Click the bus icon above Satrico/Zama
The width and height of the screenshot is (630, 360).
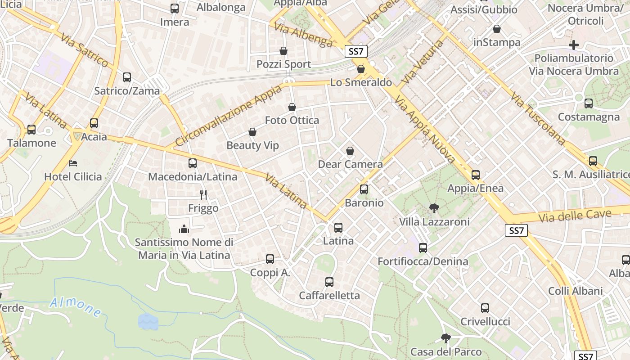[x=127, y=77]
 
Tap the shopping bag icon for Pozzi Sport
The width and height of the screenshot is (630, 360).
[x=283, y=51]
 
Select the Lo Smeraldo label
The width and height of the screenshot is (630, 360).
[x=361, y=83]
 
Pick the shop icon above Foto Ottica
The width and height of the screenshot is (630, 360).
[x=292, y=107]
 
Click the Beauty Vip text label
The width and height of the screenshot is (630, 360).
[x=252, y=145]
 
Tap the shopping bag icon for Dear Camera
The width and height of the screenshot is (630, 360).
[x=350, y=151]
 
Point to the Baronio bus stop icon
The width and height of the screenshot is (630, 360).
[x=364, y=189]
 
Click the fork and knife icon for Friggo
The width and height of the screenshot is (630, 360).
[x=203, y=194]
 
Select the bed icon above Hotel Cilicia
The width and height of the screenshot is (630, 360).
[x=73, y=163]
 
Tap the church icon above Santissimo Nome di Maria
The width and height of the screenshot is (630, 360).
[x=184, y=229]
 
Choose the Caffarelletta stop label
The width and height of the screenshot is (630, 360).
[x=329, y=296]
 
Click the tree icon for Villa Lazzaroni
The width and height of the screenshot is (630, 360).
[x=434, y=208]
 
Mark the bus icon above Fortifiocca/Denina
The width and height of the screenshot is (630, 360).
[x=423, y=247]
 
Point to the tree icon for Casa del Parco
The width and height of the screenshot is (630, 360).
[x=446, y=338]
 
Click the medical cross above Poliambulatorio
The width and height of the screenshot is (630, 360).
[x=574, y=45]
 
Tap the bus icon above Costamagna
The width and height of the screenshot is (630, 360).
[x=589, y=103]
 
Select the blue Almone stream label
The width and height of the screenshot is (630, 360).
[x=75, y=307]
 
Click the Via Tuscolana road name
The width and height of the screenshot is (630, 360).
[x=538, y=118]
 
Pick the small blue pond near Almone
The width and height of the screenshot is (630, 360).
[x=148, y=321]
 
